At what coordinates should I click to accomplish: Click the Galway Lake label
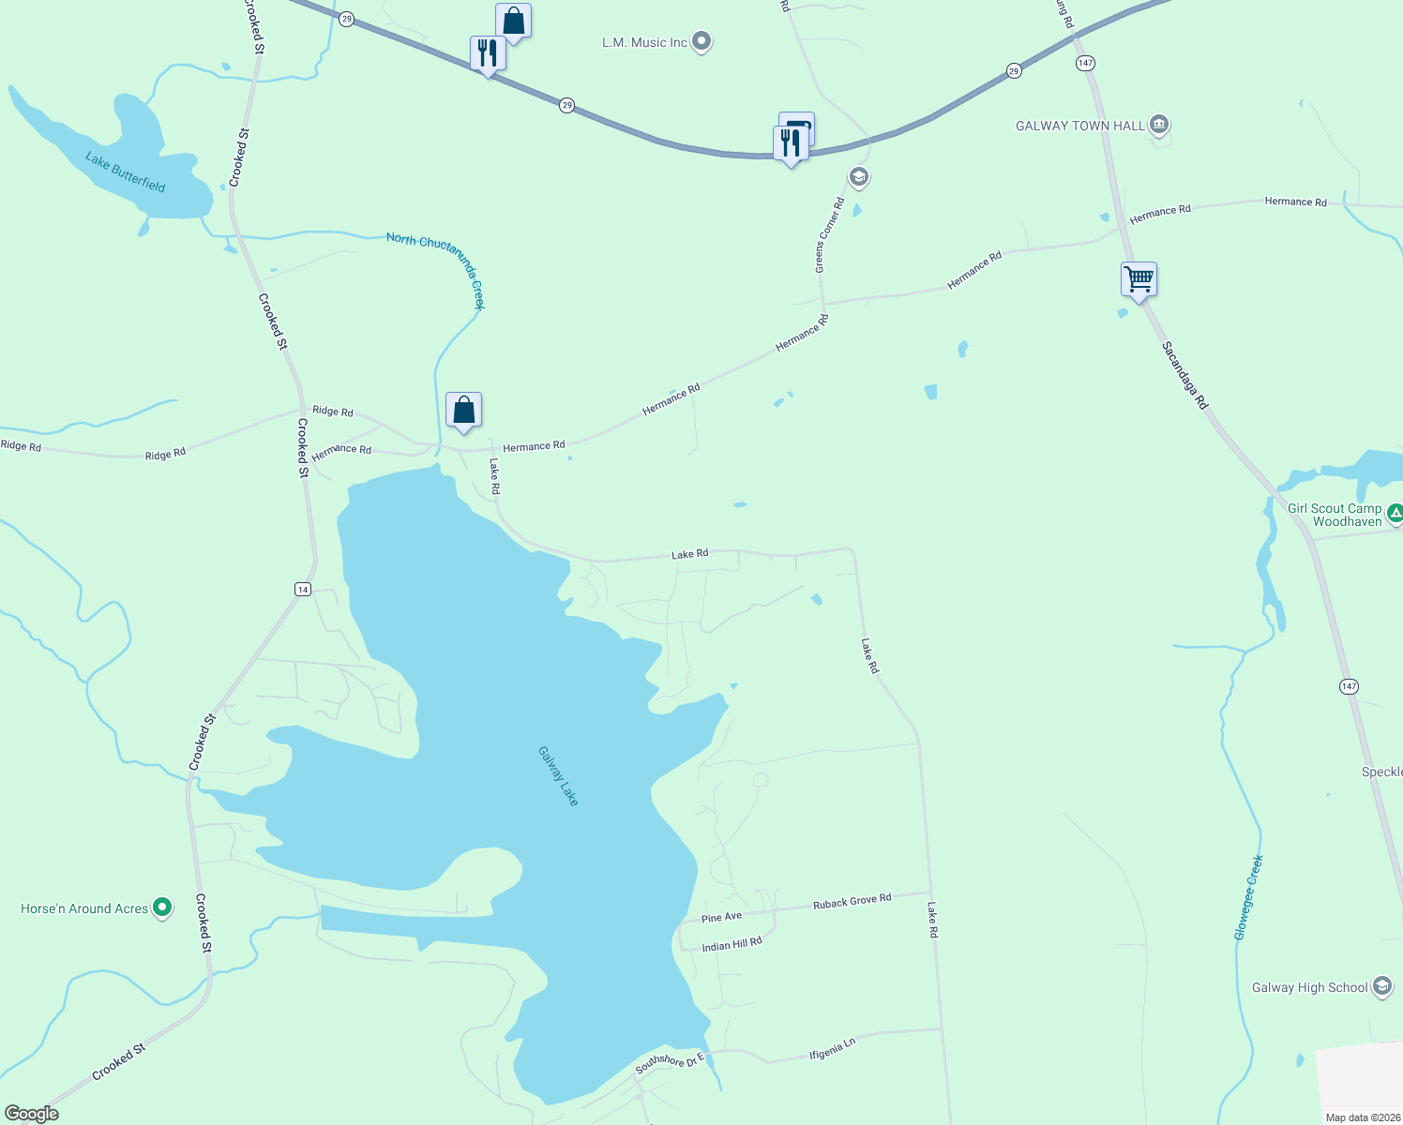(558, 775)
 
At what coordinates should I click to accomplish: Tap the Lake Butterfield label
(125, 172)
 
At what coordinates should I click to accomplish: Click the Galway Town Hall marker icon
(1159, 125)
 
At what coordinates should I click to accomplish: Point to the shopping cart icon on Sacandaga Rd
(1139, 278)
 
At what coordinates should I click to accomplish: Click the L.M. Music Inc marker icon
(701, 42)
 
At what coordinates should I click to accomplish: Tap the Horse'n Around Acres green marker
(162, 907)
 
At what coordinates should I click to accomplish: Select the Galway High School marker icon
(1381, 986)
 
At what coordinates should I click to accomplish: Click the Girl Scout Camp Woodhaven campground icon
(1395, 513)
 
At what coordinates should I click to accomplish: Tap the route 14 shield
(302, 589)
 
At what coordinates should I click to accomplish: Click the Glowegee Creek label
(1248, 897)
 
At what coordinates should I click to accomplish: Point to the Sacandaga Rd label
(1184, 375)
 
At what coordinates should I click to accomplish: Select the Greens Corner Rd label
(829, 235)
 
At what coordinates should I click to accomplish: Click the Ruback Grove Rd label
(852, 902)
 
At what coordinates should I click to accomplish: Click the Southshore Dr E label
(669, 1063)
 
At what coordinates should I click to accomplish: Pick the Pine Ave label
(721, 917)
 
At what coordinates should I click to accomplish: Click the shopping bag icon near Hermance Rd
(463, 411)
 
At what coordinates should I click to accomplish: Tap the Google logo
(31, 1114)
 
